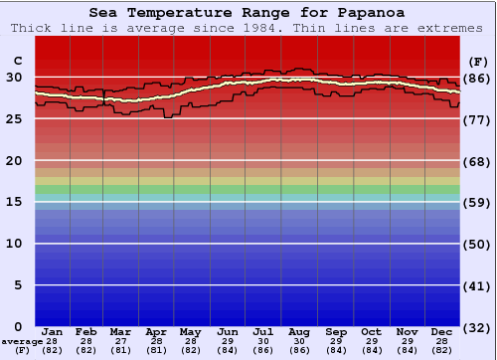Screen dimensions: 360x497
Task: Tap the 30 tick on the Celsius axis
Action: (x=16, y=77)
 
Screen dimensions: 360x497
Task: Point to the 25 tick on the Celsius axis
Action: (x=16, y=118)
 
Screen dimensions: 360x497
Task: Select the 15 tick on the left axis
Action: (x=16, y=202)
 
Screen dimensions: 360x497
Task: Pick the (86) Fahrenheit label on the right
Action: (x=478, y=78)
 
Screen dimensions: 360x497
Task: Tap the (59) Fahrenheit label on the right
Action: (x=478, y=203)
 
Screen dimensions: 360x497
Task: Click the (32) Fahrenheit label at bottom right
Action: (x=478, y=328)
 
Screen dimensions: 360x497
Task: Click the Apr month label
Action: (x=156, y=331)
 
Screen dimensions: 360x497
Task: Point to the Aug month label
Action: (x=300, y=331)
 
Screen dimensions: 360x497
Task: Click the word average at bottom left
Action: (x=21, y=341)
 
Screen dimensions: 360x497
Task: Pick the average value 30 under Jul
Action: (x=263, y=341)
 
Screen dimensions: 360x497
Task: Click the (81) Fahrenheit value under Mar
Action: (x=120, y=351)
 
